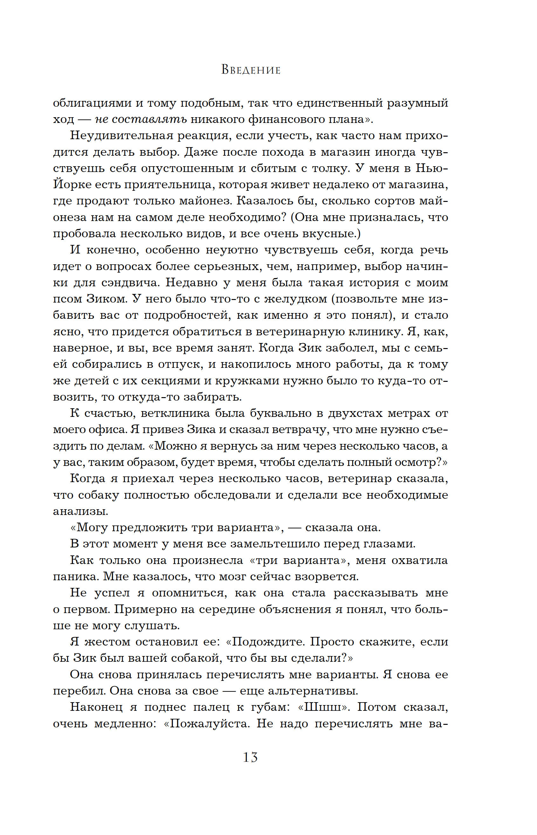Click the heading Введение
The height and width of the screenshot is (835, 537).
pyautogui.click(x=251, y=70)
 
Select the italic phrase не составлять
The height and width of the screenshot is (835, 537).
pyautogui.click(x=141, y=119)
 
